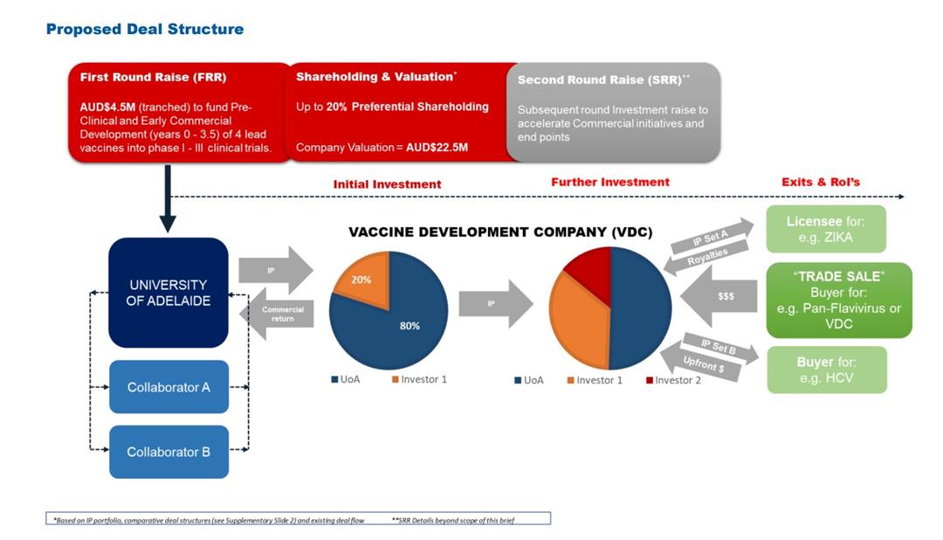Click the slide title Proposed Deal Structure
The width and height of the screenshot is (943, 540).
144,29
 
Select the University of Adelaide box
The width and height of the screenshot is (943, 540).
169,293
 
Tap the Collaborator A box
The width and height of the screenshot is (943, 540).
169,386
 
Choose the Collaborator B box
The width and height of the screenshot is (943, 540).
169,452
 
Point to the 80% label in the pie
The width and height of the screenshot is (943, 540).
410,325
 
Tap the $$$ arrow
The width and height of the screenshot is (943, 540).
720,297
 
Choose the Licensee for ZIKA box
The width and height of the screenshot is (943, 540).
825,229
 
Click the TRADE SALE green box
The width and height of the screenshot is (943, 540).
838,300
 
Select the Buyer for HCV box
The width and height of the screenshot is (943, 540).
826,370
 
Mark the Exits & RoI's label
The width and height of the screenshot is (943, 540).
820,182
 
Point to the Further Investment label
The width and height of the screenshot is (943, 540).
609,182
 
